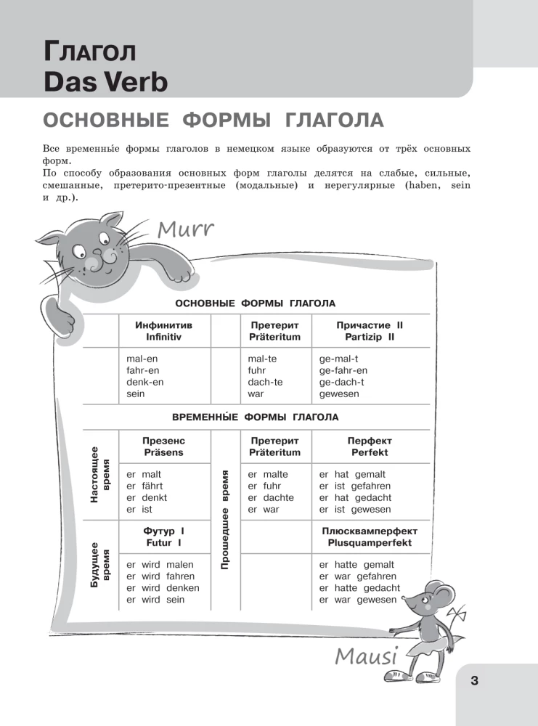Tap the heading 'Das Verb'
tap(105, 81)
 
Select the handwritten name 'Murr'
tap(185, 230)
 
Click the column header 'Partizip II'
tap(370, 338)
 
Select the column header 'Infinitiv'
tap(163, 338)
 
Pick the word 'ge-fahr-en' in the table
tap(343, 370)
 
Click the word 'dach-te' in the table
tap(264, 382)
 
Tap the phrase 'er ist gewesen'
tap(355, 510)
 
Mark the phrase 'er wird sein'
tap(155, 600)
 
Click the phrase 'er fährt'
tap(144, 486)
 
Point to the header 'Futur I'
tap(163, 542)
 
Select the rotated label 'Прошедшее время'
tap(224, 518)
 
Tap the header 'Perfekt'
tap(370, 452)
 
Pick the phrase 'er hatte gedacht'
tap(359, 588)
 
